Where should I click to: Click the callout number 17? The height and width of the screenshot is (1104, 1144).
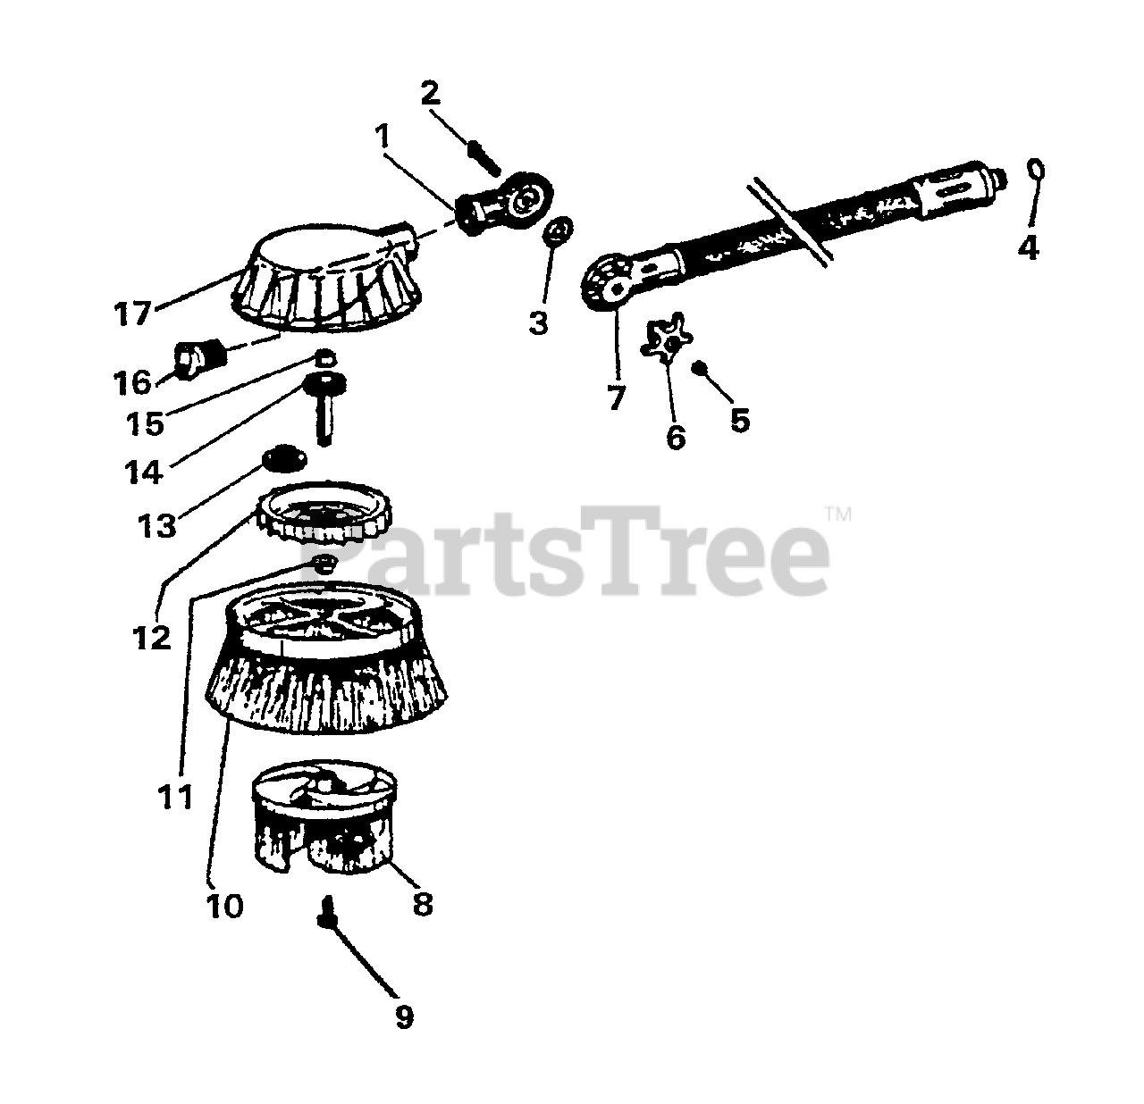click(133, 313)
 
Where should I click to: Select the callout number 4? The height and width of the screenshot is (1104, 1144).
click(1028, 247)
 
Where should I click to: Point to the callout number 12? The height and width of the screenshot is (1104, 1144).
click(152, 638)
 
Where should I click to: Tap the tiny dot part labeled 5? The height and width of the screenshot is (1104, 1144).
click(700, 368)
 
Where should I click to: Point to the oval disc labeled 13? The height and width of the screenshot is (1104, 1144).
click(285, 457)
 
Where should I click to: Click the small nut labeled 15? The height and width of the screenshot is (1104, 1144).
click(325, 356)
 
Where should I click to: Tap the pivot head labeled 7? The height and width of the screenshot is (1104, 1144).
click(610, 282)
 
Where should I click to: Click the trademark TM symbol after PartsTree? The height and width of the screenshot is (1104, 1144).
click(839, 515)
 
